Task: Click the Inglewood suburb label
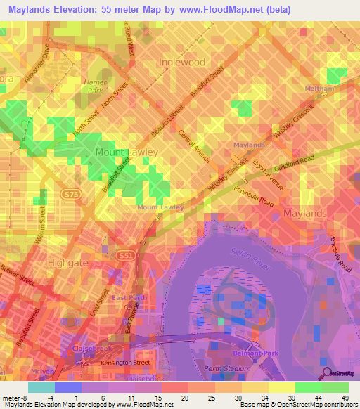pos(182,62)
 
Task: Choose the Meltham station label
pos(319,89)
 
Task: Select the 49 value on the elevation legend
pos(335,398)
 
